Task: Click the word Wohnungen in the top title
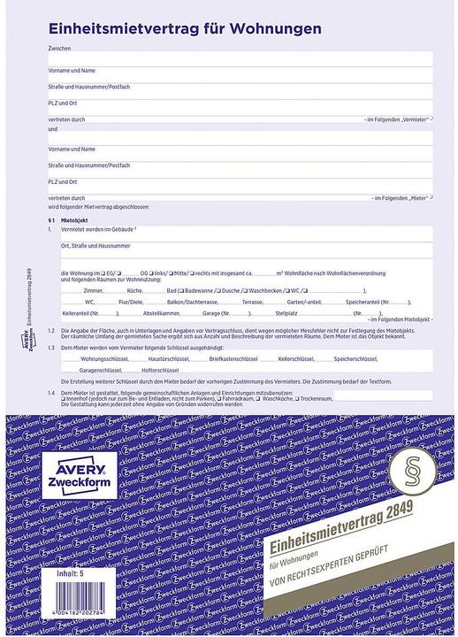276,29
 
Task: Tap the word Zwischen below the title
59,48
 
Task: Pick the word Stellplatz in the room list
288,313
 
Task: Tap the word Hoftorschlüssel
159,371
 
